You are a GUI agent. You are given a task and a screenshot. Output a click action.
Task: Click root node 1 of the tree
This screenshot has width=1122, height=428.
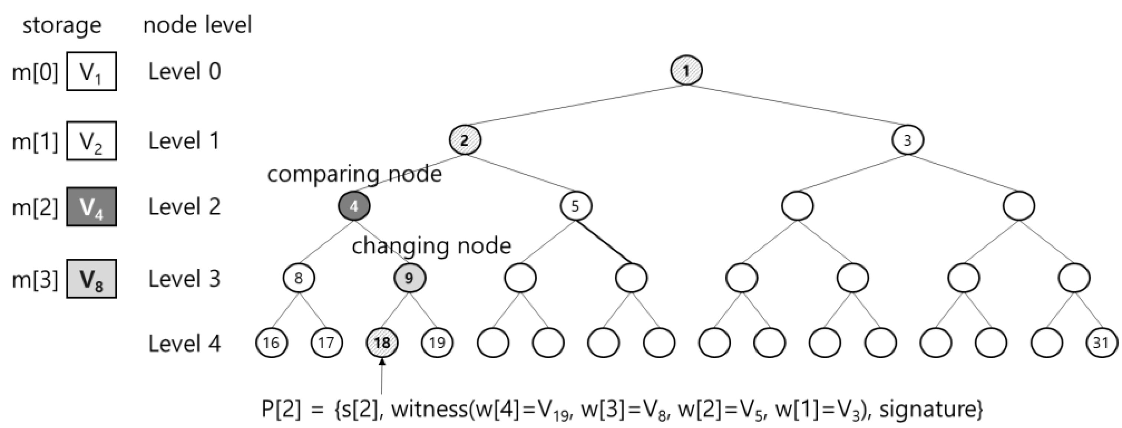[686, 71]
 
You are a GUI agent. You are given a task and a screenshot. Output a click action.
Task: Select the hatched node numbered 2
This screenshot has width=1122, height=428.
[465, 140]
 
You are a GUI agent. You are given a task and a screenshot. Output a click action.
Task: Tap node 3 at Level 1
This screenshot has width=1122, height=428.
[907, 140]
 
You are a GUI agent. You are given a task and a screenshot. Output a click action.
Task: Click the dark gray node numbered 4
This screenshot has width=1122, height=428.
[354, 206]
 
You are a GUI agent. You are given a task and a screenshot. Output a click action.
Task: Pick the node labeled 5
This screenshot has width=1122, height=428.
[575, 206]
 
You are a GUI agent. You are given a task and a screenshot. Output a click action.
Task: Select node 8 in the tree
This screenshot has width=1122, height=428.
[299, 278]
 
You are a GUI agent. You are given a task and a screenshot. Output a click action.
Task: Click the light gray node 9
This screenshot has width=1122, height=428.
[409, 278]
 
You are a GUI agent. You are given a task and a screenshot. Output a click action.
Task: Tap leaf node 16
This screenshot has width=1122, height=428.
[271, 343]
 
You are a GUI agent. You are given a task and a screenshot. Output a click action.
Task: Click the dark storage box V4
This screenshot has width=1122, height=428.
[92, 207]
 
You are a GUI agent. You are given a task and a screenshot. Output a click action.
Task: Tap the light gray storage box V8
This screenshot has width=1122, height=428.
[92, 279]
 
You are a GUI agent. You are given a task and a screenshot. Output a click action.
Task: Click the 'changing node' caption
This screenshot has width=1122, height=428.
[431, 246]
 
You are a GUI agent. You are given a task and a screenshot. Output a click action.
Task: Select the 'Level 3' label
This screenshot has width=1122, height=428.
[184, 279]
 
